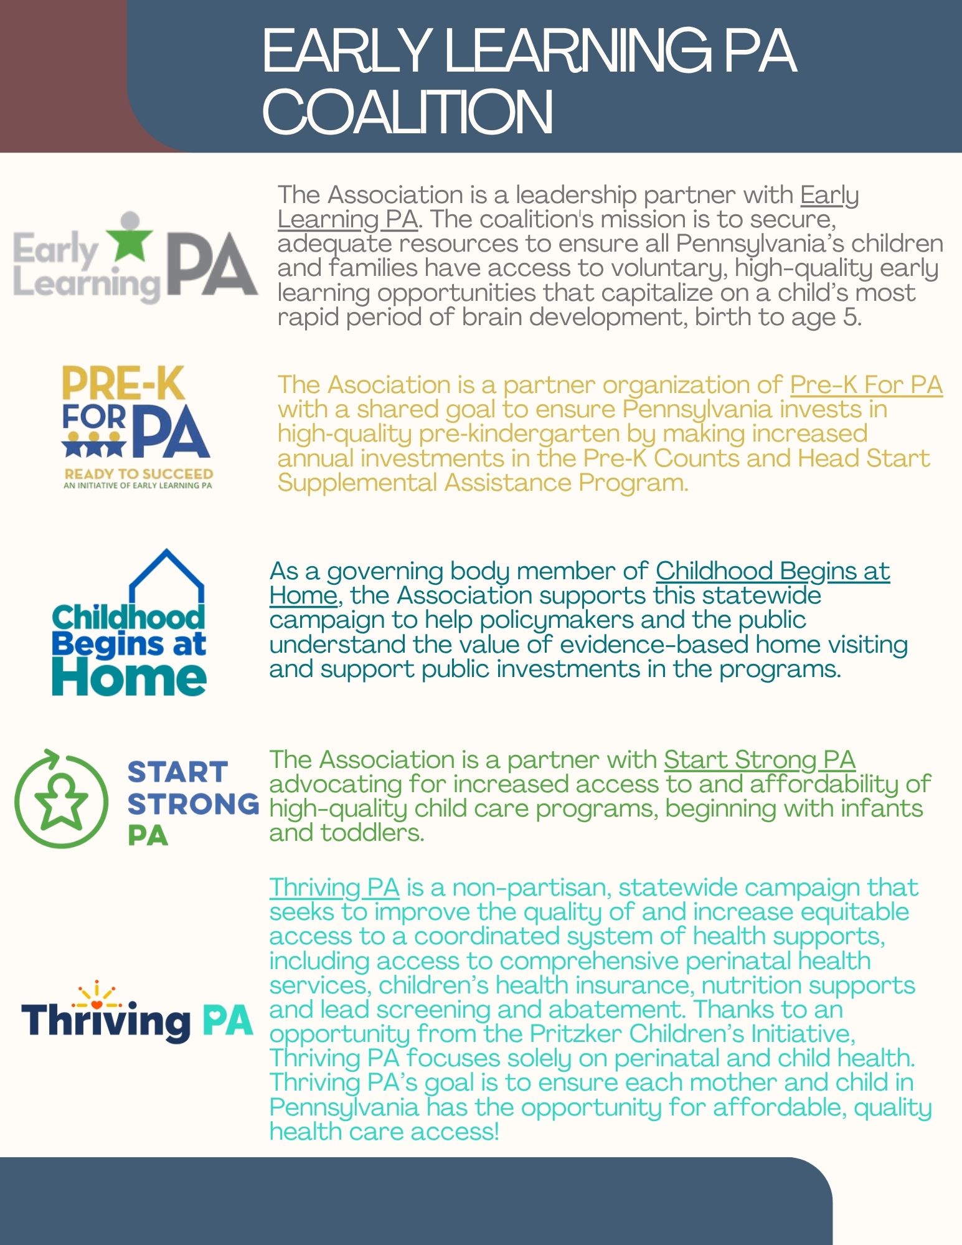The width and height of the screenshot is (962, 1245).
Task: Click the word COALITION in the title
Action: pos(408,112)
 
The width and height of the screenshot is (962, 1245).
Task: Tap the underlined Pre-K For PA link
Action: pos(865,385)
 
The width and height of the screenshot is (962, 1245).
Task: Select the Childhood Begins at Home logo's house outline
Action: pos(166,576)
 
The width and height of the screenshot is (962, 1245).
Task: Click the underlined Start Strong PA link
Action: pos(759,760)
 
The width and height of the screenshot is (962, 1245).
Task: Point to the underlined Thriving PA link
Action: pos(334,888)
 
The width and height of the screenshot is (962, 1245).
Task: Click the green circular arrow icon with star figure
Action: pos(61,800)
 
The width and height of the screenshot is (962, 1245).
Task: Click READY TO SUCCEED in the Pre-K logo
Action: pos(138,474)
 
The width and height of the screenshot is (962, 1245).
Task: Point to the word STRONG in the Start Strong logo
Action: pos(193,804)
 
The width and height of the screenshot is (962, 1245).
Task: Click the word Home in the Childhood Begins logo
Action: pos(129,677)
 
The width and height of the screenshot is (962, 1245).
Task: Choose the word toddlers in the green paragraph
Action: pos(372,833)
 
